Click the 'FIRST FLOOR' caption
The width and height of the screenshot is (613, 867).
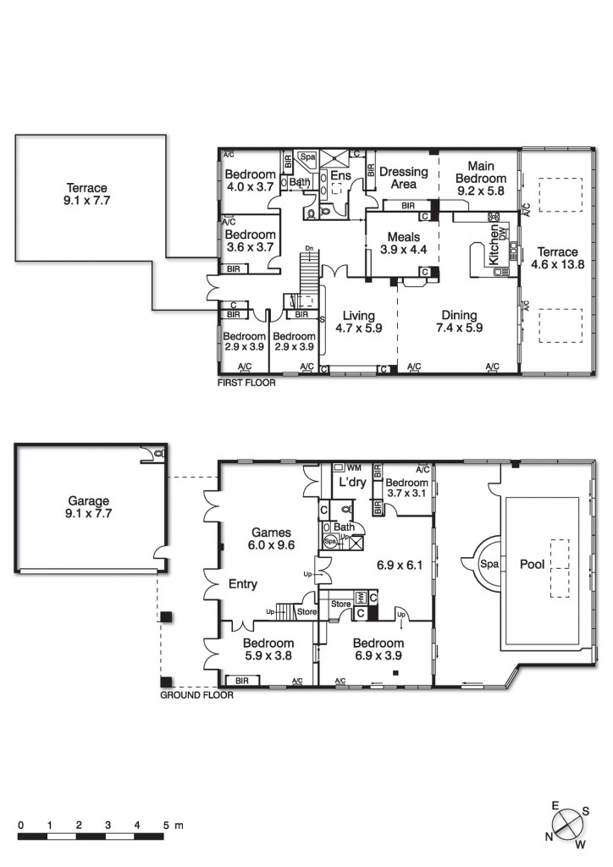tap(246, 382)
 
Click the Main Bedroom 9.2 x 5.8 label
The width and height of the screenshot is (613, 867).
tap(480, 179)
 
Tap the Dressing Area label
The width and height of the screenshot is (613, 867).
tap(403, 178)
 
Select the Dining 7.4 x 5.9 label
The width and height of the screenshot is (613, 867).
tap(458, 322)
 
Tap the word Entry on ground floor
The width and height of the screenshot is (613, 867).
tap(243, 584)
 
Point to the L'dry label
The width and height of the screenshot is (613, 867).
tap(351, 482)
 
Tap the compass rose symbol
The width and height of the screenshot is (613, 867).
tap(566, 822)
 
